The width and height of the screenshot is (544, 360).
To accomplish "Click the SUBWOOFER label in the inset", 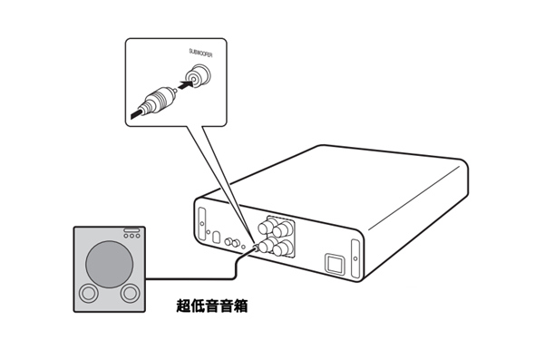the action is [x=200, y=53].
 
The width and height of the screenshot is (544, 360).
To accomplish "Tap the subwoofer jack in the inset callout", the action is [x=198, y=75].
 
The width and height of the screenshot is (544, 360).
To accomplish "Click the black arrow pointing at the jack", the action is [x=186, y=84].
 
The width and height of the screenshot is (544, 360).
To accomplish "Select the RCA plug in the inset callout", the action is [x=155, y=101].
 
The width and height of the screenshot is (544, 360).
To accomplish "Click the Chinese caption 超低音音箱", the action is [x=212, y=306].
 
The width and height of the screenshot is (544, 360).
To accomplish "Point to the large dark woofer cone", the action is [x=110, y=264].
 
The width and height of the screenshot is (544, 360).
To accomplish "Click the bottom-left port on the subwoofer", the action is [x=89, y=293].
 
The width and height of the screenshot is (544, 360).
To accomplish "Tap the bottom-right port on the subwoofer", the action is [x=130, y=293].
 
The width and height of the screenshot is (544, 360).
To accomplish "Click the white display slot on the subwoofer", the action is [x=131, y=229].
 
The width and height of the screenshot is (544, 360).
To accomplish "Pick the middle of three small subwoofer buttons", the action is [x=131, y=236].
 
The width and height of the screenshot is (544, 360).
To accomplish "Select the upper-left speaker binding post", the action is [x=266, y=227].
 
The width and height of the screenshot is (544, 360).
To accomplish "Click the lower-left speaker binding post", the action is [x=267, y=246].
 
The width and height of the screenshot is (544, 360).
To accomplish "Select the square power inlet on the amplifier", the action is [x=334, y=264].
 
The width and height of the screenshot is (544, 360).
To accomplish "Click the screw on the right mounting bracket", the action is [x=355, y=258].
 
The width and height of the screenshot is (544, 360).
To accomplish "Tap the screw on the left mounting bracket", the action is [x=202, y=223].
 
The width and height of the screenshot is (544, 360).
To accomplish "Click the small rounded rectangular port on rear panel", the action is [x=216, y=237].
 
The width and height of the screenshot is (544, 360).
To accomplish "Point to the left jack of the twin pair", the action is [x=228, y=241].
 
